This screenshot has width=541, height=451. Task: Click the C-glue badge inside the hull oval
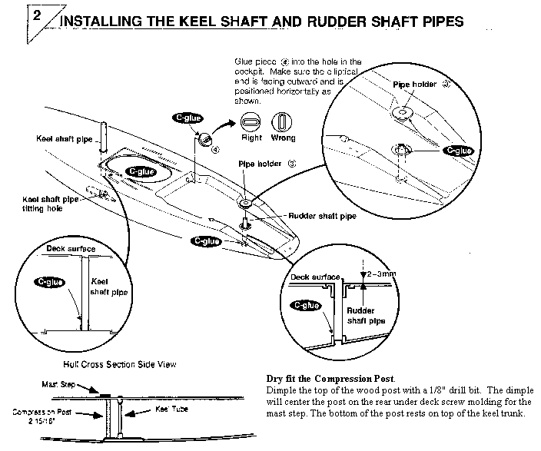(x=141, y=171)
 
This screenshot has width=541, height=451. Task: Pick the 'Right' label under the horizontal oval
(x=252, y=138)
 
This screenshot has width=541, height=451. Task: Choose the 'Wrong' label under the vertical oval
(x=282, y=138)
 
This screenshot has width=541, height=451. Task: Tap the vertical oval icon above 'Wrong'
(x=281, y=123)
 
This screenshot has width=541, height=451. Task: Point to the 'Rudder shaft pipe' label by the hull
(x=322, y=217)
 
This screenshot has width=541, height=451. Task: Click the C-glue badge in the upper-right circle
(x=458, y=151)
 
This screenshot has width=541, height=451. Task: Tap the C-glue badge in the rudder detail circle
(x=306, y=305)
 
